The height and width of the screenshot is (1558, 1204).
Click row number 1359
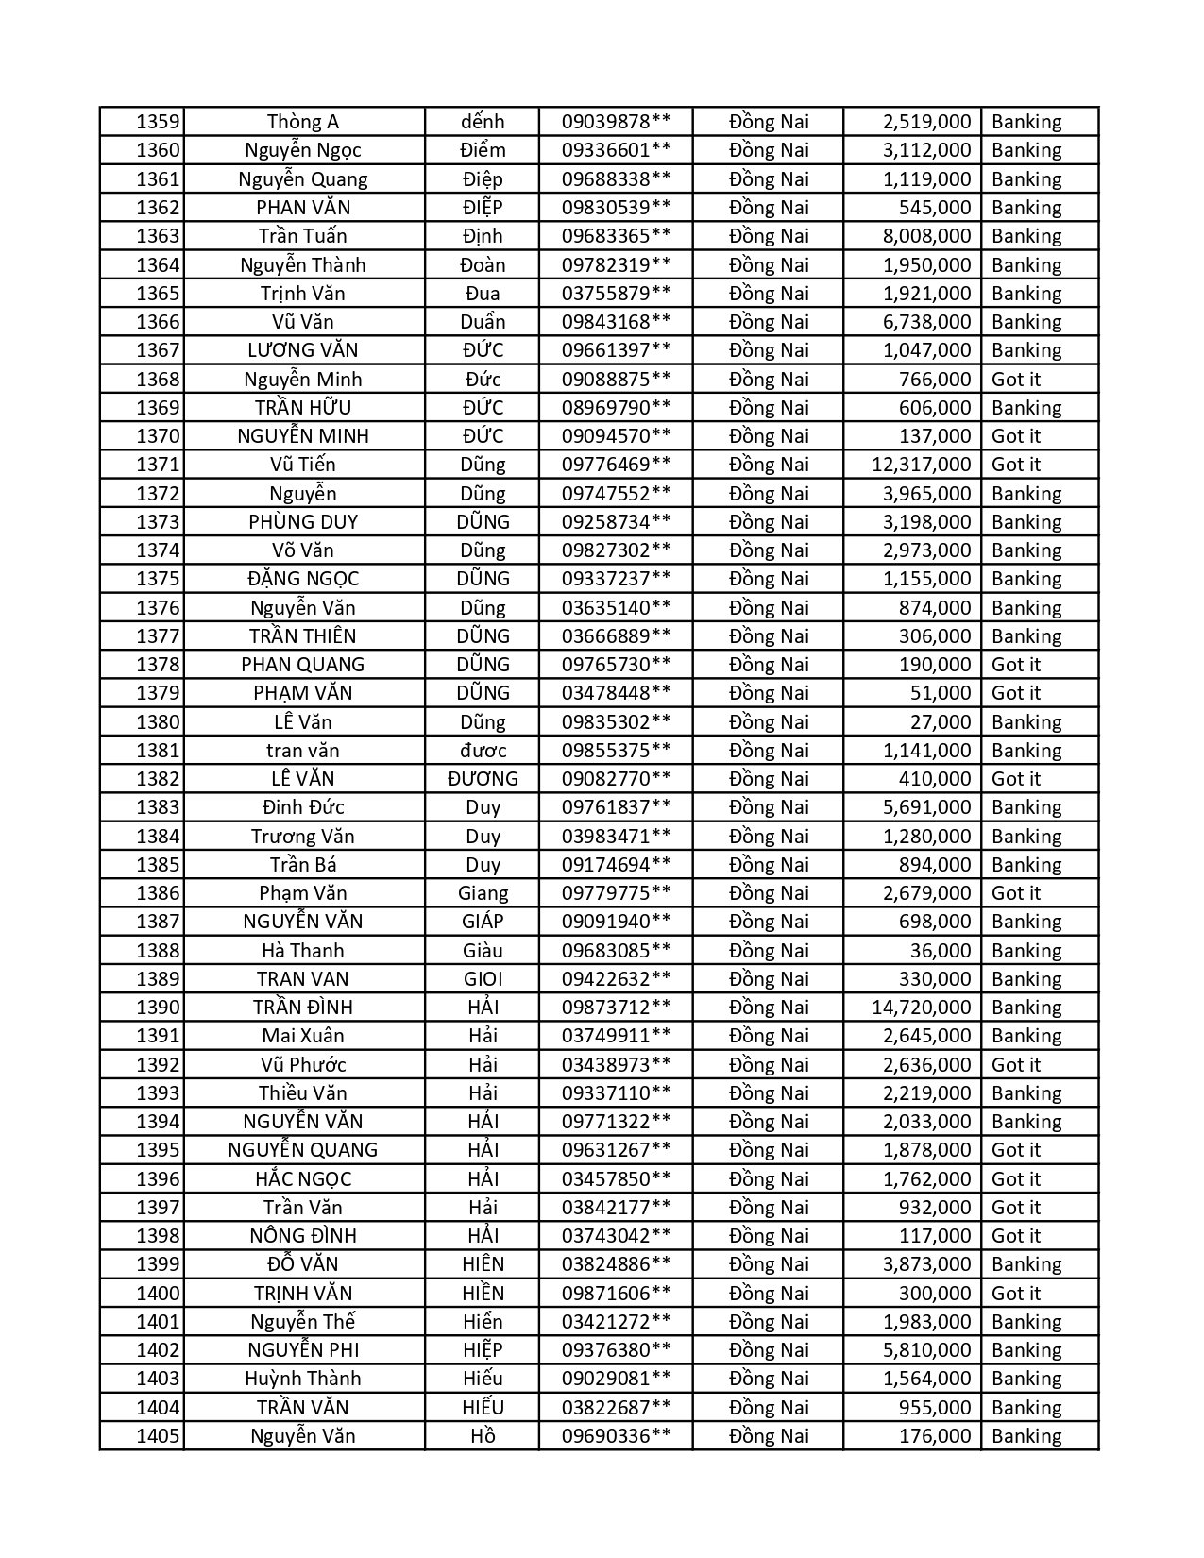click(157, 122)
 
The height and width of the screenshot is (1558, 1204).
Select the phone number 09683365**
click(616, 236)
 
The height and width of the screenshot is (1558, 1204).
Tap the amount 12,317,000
click(921, 465)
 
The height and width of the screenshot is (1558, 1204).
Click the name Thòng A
click(302, 122)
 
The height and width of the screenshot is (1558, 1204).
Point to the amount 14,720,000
click(921, 1008)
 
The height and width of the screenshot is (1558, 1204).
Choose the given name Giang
click(483, 893)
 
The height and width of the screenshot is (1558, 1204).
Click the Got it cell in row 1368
click(1016, 380)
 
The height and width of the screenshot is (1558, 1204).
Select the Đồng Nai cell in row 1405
click(769, 1436)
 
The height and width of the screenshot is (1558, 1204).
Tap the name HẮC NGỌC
click(302, 1179)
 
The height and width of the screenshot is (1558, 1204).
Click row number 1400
click(157, 1294)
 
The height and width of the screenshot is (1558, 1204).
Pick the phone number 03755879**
click(616, 294)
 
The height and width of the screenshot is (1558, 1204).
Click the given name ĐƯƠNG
click(483, 779)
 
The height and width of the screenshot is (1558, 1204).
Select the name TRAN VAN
click(302, 979)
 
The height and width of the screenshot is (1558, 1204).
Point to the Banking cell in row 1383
click(1026, 807)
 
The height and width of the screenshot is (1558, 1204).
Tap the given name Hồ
click(483, 1436)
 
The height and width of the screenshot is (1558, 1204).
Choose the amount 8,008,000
click(926, 236)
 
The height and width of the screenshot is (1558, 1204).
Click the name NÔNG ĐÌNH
click(302, 1236)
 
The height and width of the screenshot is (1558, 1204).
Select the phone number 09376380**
click(616, 1350)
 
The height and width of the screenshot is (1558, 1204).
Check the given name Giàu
click(483, 951)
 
